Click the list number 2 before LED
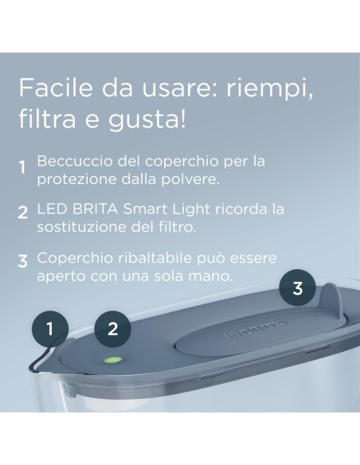23,214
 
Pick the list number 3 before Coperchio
23,260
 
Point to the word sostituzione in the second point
74,226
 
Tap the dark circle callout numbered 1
50,327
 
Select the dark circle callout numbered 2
113,327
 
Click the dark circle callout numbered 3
297,287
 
